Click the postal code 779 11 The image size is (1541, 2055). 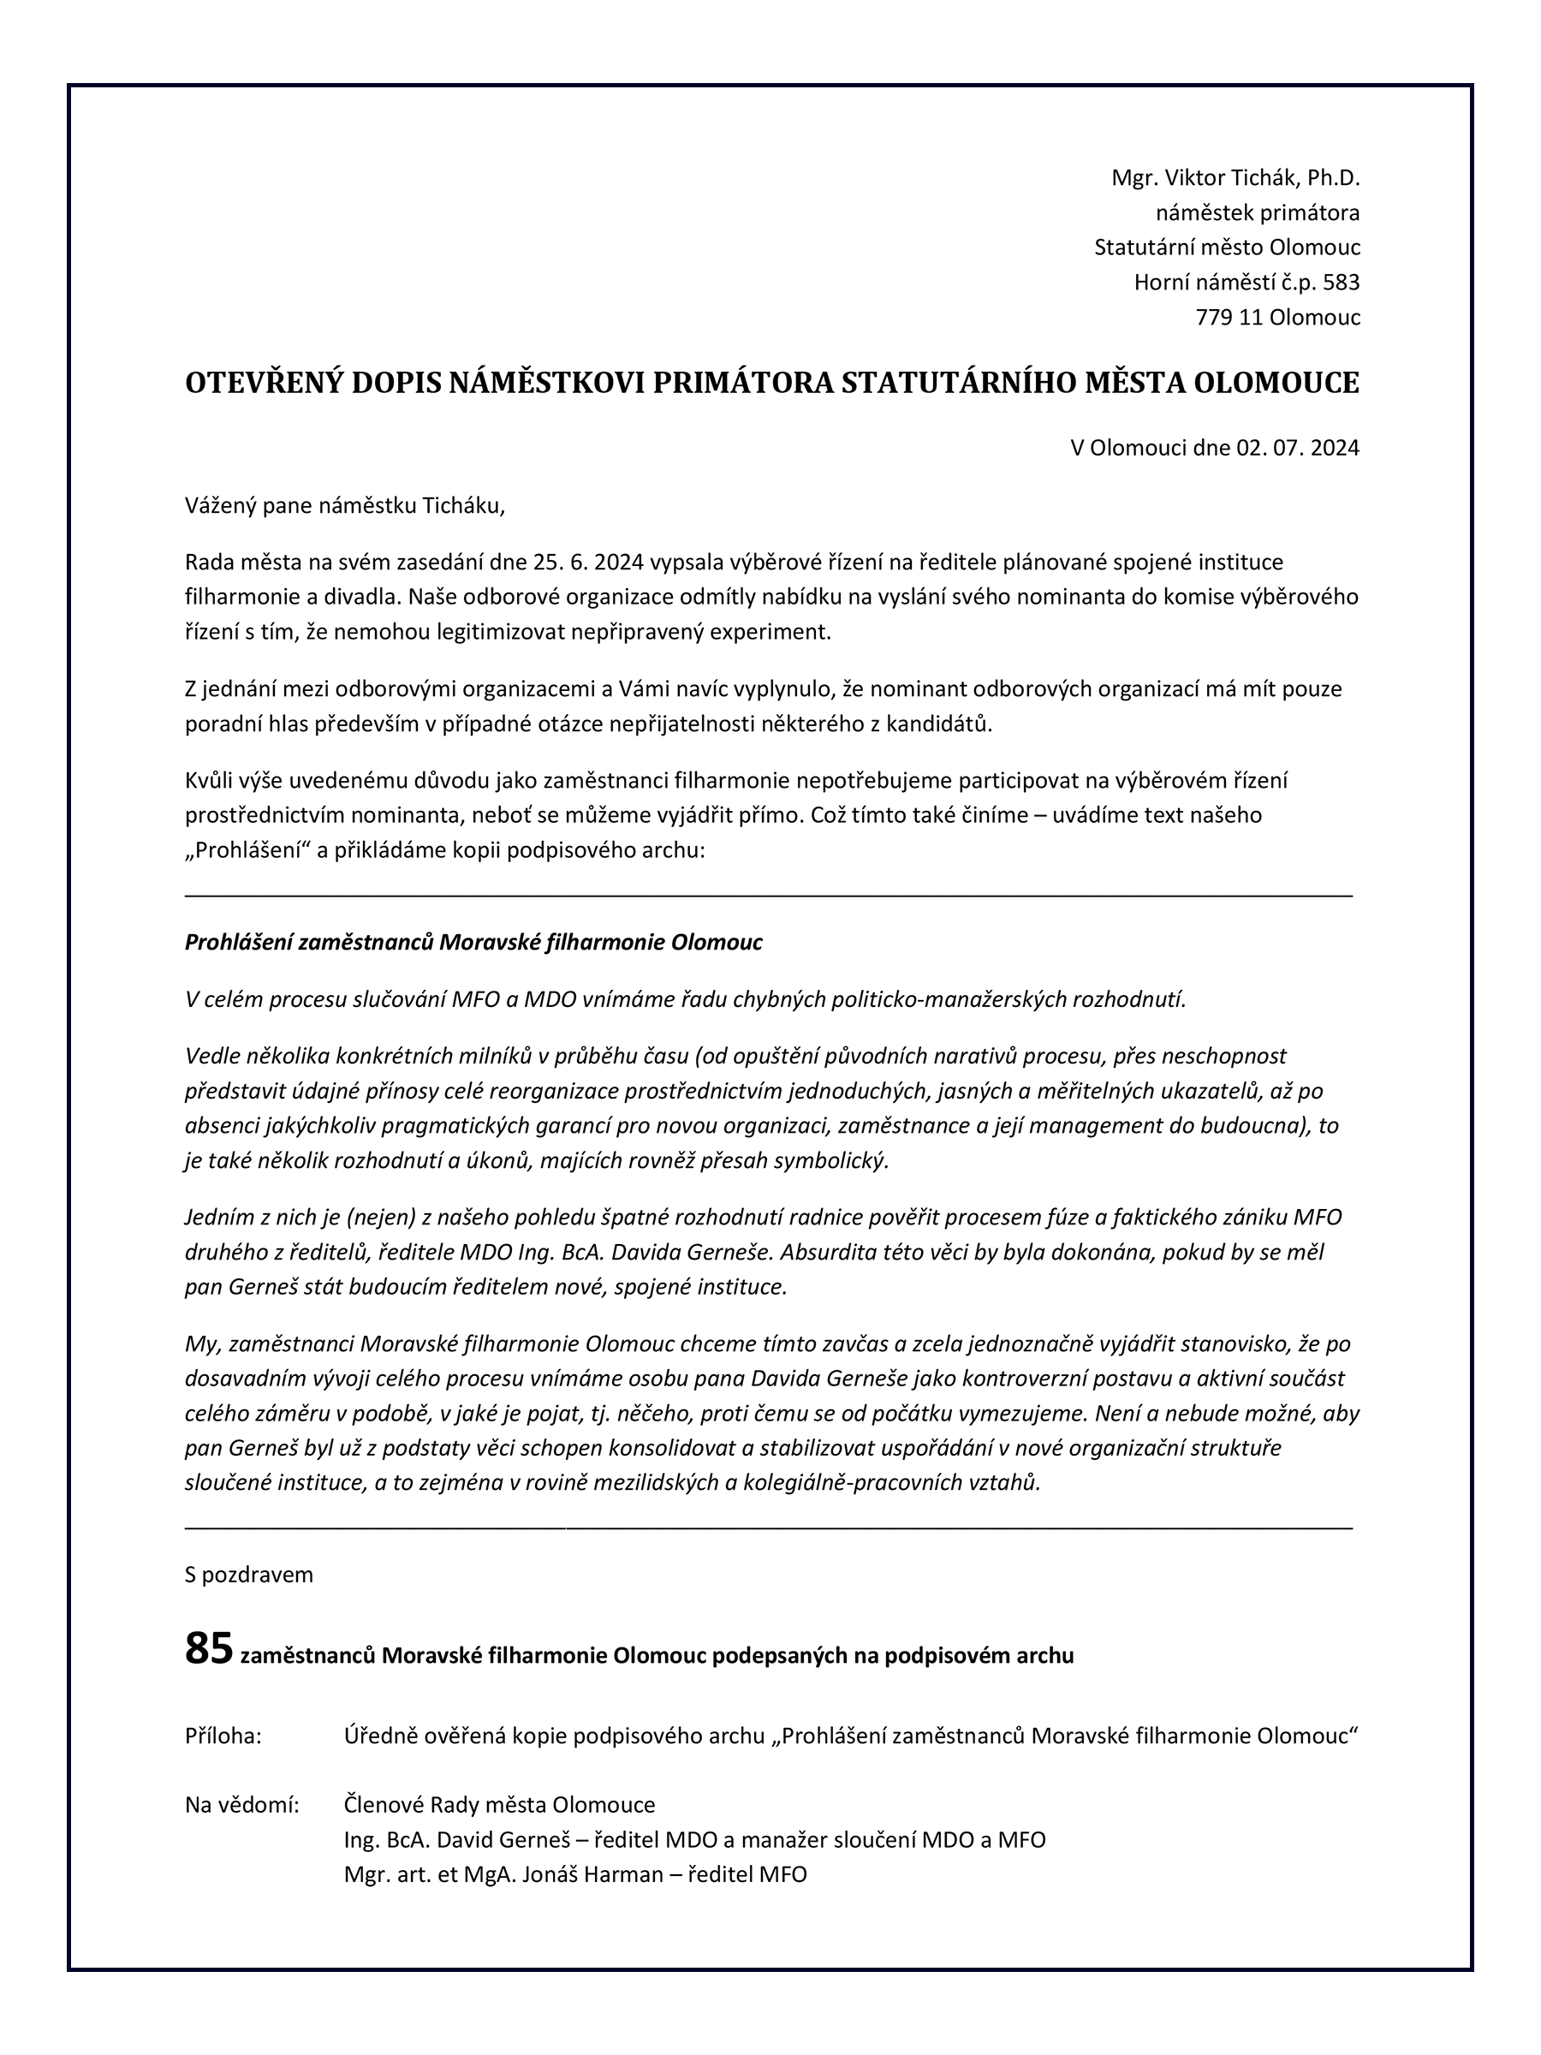1229,317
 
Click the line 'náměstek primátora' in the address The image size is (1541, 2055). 1257,212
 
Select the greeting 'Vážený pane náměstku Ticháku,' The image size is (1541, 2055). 346,505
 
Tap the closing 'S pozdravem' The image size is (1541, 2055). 249,1575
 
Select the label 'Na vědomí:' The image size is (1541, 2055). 242,1805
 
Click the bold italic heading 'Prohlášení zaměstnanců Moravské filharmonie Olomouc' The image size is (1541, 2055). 473,942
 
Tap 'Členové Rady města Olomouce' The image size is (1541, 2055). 499,1805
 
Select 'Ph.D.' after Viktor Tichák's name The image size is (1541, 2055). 1333,177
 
